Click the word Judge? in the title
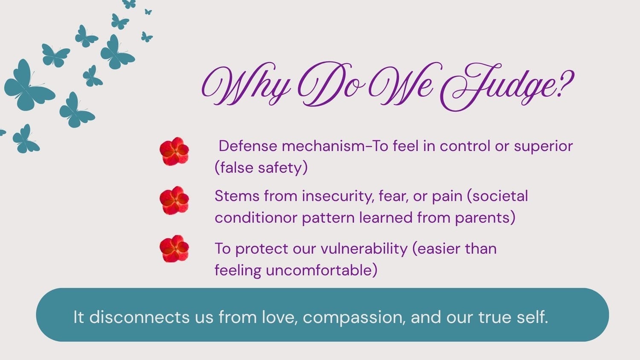click(x=507, y=86)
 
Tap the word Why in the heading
click(x=246, y=84)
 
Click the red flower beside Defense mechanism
click(x=174, y=151)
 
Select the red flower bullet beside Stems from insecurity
click(x=174, y=200)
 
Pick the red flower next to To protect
click(x=174, y=249)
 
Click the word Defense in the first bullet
click(x=248, y=146)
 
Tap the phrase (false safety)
click(x=261, y=168)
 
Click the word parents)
click(x=485, y=218)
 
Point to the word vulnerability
click(x=364, y=249)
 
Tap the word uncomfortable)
click(x=321, y=270)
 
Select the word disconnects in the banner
click(x=140, y=317)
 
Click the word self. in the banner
click(x=532, y=317)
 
